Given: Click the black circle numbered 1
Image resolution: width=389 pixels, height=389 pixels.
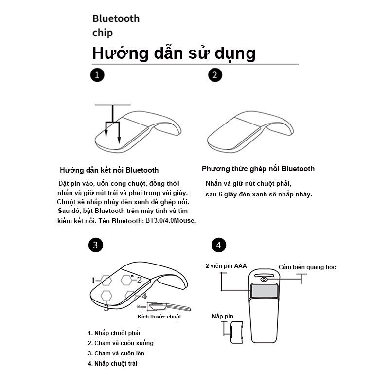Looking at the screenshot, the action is pos(97,75).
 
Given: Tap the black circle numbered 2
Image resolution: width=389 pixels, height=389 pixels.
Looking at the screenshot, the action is pos(215,75).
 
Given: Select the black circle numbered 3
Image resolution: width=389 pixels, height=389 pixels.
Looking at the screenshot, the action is pos(95,245).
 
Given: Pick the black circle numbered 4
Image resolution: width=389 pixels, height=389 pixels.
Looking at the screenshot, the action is pos(218,245).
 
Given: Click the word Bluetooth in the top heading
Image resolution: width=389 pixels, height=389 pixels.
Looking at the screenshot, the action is pos(116,18).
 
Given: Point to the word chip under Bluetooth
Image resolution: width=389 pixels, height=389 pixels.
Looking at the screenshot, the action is pos(103,33).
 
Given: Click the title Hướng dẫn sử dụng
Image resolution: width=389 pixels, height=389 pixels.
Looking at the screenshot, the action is pos(174,53).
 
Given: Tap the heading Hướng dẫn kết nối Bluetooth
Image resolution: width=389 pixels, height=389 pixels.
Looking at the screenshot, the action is pos(109,170).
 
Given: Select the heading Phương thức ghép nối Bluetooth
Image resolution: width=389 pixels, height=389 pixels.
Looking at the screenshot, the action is pos(258,169).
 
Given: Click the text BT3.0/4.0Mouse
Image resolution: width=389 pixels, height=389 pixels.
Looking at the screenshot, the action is pos(171,220).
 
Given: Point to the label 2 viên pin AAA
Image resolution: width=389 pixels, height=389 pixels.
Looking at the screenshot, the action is pos(226,266).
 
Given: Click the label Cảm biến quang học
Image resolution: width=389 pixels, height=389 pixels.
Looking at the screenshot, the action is pos(307,267).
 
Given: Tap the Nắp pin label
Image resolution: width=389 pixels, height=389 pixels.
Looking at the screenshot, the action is pos(223,317).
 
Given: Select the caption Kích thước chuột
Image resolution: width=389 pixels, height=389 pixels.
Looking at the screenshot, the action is pos(159,317).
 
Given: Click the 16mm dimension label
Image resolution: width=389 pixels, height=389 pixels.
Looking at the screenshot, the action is pos(141,307).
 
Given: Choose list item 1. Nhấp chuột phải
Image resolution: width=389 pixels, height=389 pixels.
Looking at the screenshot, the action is pos(114,333).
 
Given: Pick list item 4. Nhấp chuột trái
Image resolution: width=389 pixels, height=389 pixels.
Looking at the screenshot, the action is pos(112,363).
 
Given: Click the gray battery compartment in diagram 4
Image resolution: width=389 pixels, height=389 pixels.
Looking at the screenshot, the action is pos(264,291).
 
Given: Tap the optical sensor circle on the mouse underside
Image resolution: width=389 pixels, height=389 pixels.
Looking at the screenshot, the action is pos(264,280).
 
